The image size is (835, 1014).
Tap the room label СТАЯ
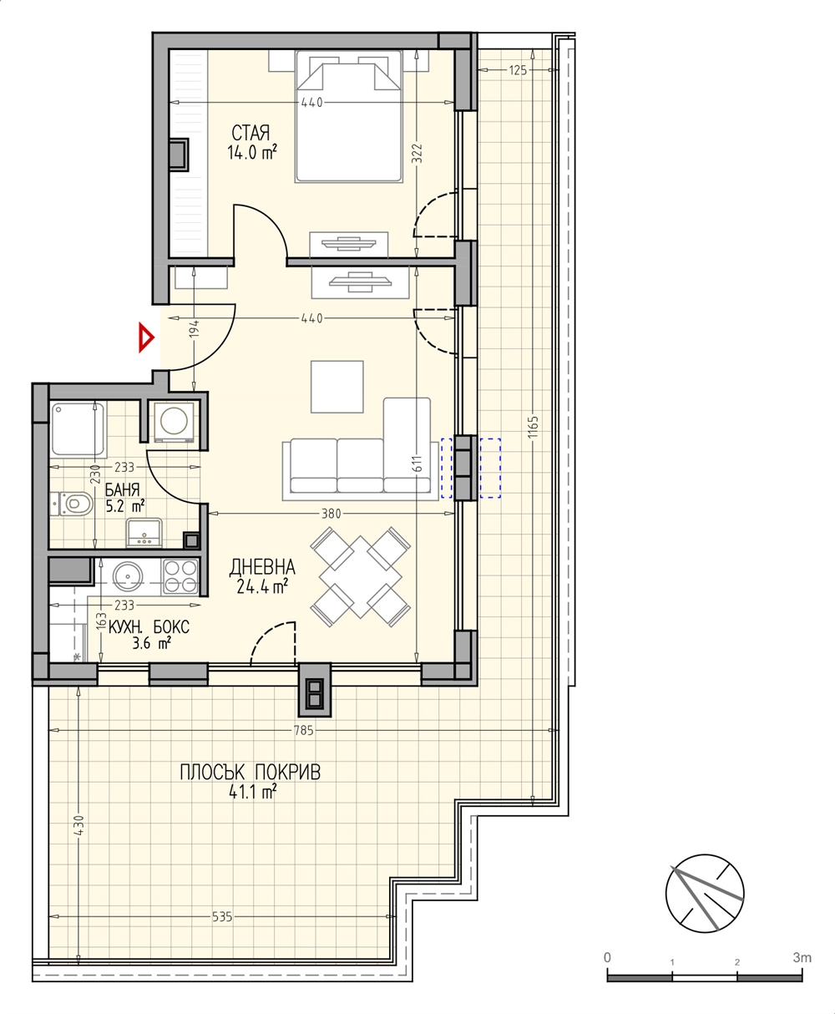click(x=250, y=133)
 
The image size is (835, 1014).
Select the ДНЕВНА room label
click(x=262, y=567)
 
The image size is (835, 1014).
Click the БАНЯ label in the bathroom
click(x=123, y=489)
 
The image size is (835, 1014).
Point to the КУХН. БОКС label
click(x=149, y=627)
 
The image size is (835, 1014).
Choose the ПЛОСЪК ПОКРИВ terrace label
click(x=250, y=772)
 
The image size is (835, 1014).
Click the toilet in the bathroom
click(x=72, y=504)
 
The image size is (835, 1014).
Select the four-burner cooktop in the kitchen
click(x=181, y=576)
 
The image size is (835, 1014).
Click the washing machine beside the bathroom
click(x=175, y=422)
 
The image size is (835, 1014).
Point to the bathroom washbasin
click(x=144, y=532)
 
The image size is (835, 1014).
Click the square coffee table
click(x=337, y=387)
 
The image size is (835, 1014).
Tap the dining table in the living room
click(x=360, y=577)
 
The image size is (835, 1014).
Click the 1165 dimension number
click(x=534, y=426)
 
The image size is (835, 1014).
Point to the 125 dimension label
click(x=518, y=70)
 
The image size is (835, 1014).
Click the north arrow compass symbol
click(x=705, y=894)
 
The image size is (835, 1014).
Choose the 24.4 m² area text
click(x=262, y=588)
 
